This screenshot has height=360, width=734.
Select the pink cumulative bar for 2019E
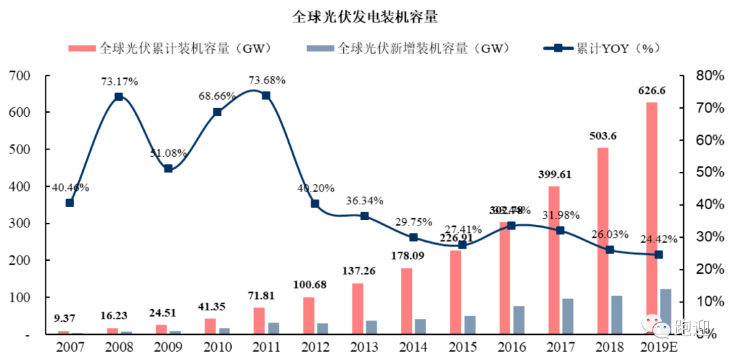[x=652, y=217]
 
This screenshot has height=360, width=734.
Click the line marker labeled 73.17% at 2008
[x=118, y=96]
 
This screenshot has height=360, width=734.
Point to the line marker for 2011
[x=266, y=95]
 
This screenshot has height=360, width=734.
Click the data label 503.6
[x=603, y=136]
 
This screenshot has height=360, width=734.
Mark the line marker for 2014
[x=413, y=237]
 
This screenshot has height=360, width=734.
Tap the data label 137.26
[x=364, y=270]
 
